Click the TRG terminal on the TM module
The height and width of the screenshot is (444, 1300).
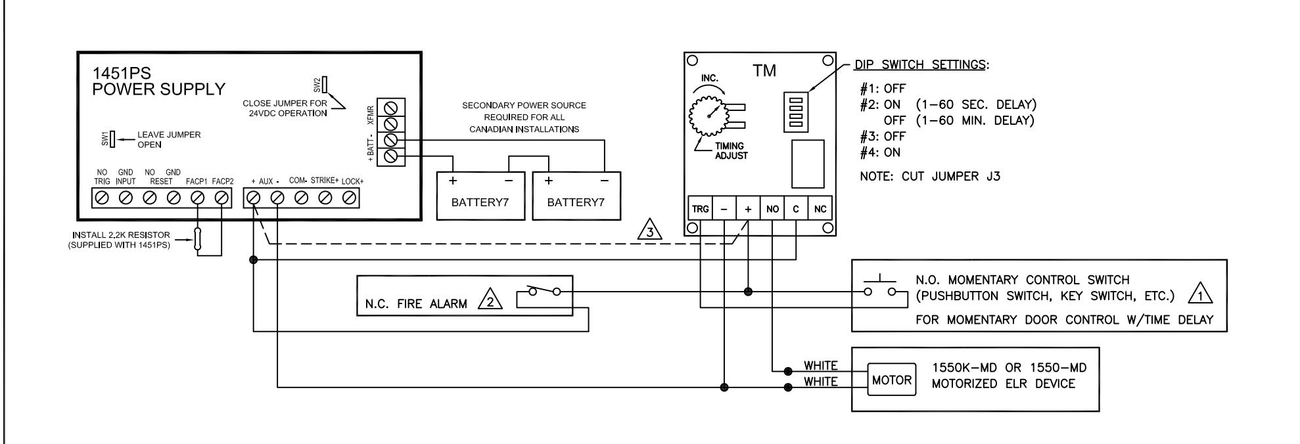(700, 210)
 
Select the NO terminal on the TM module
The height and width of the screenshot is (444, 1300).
(772, 210)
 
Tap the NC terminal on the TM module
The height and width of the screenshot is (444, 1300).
(820, 210)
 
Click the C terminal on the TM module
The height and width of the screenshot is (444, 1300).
(796, 210)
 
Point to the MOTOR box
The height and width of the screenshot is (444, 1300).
(892, 380)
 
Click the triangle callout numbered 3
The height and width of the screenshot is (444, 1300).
(649, 231)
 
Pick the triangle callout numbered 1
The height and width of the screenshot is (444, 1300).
(1200, 296)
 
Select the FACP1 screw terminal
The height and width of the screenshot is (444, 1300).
(198, 197)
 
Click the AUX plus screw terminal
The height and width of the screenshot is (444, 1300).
(253, 197)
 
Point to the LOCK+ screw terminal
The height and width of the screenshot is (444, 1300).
(350, 197)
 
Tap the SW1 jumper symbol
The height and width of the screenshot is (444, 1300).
(112, 139)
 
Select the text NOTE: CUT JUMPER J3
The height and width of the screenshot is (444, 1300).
(930, 177)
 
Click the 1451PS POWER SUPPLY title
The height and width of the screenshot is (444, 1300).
(158, 82)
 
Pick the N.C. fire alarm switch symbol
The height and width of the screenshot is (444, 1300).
(544, 294)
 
